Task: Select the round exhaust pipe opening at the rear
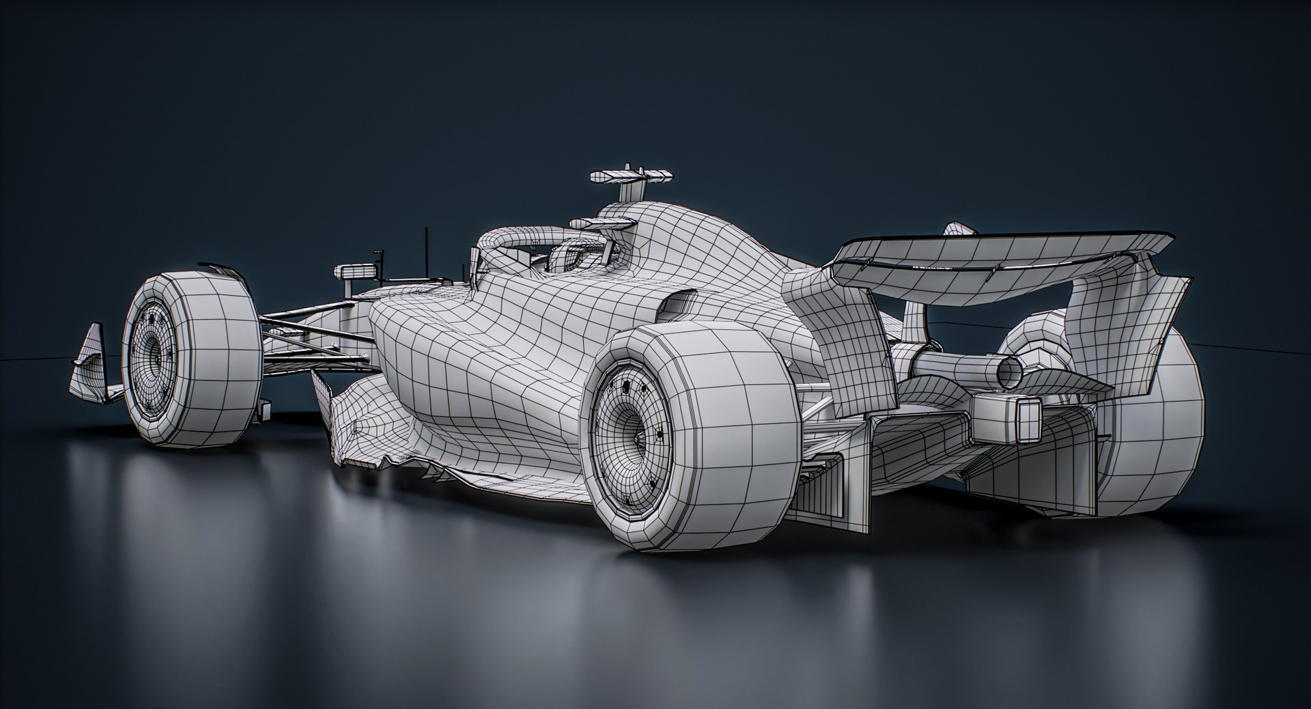point(1009,371)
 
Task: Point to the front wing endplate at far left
point(89,365)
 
